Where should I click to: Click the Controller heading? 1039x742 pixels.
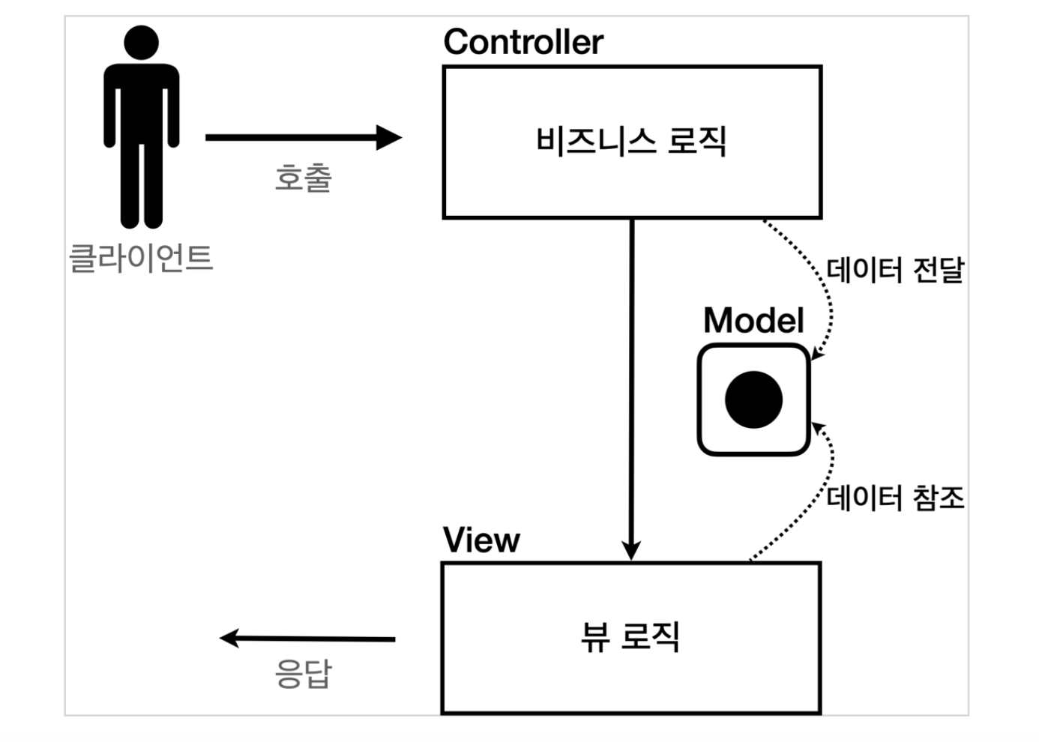(522, 42)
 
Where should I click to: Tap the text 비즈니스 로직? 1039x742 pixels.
(631, 141)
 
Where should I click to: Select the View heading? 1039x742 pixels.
(481, 540)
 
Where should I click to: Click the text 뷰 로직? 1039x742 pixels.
(630, 637)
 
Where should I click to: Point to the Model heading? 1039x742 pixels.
(753, 321)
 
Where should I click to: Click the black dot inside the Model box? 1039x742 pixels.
(753, 399)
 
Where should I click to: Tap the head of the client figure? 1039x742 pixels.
(141, 42)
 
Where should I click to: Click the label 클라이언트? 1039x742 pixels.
(141, 258)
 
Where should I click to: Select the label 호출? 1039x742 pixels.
(303, 178)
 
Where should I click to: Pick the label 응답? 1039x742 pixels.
(303, 673)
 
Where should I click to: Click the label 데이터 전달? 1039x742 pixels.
(895, 270)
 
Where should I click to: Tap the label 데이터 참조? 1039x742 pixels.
(895, 498)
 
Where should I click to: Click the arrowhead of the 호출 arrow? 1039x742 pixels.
(389, 137)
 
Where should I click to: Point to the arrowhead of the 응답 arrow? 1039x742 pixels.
(229, 638)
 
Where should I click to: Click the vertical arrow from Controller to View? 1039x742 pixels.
(631, 375)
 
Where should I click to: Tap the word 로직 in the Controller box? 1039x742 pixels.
(696, 141)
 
